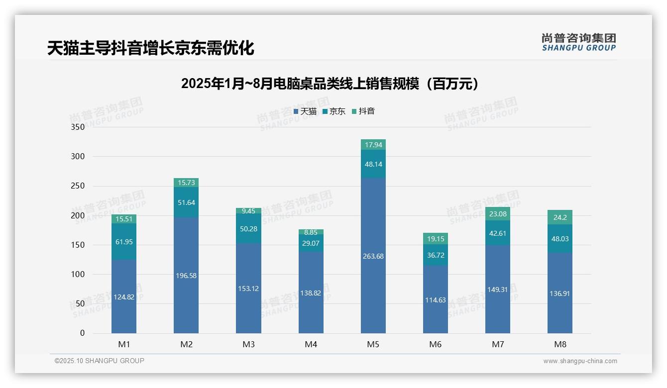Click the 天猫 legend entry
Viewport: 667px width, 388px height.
[x=305, y=111]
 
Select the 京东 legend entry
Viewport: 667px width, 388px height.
[x=333, y=111]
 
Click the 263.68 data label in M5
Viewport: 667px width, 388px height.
[x=373, y=256]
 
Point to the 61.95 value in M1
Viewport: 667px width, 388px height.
[x=124, y=242]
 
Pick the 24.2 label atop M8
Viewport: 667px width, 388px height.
[x=560, y=217]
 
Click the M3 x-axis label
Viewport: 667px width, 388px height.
[x=249, y=344]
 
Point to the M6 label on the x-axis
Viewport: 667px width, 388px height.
[x=436, y=344]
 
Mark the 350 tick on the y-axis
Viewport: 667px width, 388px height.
[x=78, y=127]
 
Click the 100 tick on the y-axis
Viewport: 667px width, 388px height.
[x=78, y=274]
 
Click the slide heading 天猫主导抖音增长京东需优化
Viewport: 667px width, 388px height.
[x=151, y=48]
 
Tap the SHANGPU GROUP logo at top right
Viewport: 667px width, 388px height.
[x=579, y=42]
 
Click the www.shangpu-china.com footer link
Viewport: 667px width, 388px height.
[x=580, y=361]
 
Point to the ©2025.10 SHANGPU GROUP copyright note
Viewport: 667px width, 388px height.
[x=100, y=361]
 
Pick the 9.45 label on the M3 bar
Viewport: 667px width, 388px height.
[x=249, y=211]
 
